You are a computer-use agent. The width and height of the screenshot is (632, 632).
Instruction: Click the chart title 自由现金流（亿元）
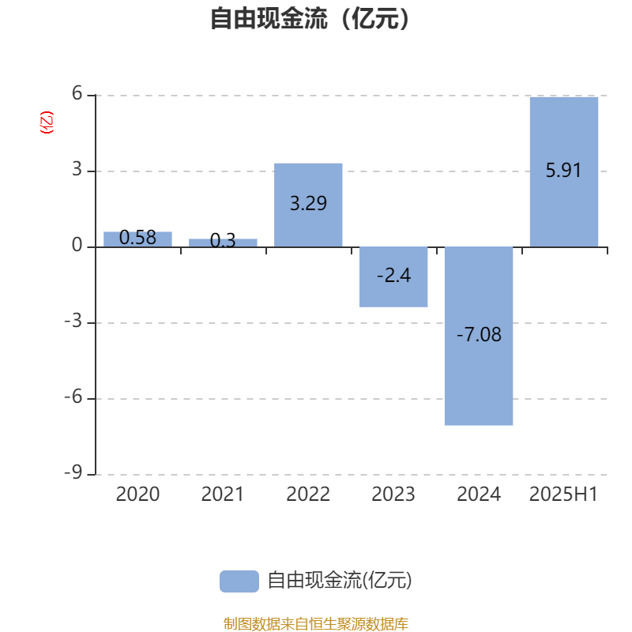click(x=310, y=19)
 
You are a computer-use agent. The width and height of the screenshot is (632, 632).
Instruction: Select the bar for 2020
click(x=137, y=239)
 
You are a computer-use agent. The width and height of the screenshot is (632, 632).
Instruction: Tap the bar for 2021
click(x=223, y=243)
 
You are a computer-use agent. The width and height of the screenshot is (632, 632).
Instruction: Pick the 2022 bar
click(x=308, y=205)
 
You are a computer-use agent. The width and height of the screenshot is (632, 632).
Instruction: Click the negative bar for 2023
click(x=393, y=277)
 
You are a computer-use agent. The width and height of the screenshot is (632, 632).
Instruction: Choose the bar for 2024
click(x=479, y=336)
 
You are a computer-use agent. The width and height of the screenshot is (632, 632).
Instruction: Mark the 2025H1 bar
click(x=564, y=171)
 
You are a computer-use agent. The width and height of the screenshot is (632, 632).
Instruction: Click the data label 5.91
click(x=563, y=170)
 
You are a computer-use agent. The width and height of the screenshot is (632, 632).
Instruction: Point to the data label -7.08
click(x=479, y=334)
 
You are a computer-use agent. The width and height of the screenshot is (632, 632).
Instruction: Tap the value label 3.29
click(x=308, y=203)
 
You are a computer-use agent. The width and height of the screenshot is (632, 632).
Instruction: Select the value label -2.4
click(x=393, y=276)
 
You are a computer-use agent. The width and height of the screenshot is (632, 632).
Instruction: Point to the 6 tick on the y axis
click(x=77, y=93)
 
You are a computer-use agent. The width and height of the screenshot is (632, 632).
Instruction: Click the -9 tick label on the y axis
click(x=73, y=472)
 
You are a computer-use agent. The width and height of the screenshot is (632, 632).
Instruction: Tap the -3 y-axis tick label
click(x=73, y=321)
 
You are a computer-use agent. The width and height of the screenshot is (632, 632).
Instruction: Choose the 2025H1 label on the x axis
click(x=563, y=495)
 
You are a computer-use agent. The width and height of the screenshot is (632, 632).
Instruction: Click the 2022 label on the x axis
click(x=308, y=495)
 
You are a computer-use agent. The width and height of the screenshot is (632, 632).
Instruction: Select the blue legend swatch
click(x=239, y=581)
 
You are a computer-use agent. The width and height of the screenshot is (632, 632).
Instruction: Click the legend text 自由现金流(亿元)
click(x=340, y=581)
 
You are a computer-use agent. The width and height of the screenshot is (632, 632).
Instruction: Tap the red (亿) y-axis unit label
click(x=47, y=122)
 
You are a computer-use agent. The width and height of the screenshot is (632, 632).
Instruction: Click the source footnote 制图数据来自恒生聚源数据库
click(x=315, y=623)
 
